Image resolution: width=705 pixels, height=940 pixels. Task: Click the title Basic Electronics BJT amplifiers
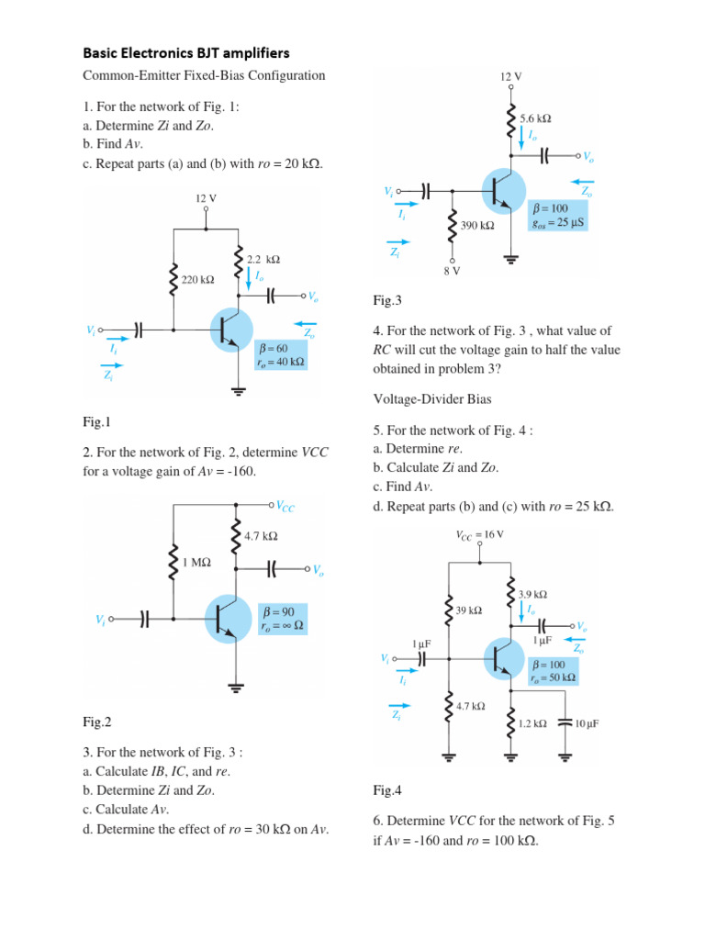[x=186, y=53]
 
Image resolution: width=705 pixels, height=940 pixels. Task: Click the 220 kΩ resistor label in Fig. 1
[x=197, y=280]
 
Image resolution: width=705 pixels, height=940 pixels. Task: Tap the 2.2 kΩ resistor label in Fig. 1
[x=263, y=260]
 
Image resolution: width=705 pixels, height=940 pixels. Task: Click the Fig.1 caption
[x=95, y=422]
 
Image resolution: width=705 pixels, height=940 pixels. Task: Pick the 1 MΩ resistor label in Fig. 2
[x=197, y=565]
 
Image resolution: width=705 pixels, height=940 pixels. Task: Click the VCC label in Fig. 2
[x=285, y=506]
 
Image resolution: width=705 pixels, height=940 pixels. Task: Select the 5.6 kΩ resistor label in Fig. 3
[x=535, y=118]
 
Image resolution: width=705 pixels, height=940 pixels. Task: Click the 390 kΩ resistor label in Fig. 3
[x=476, y=225]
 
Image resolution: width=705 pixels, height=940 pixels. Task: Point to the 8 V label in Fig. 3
[x=452, y=272]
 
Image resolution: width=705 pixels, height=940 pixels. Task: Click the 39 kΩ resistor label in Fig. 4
[x=469, y=610]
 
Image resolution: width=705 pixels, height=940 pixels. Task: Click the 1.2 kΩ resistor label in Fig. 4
[x=532, y=723]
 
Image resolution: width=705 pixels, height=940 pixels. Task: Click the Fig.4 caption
[x=387, y=789]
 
